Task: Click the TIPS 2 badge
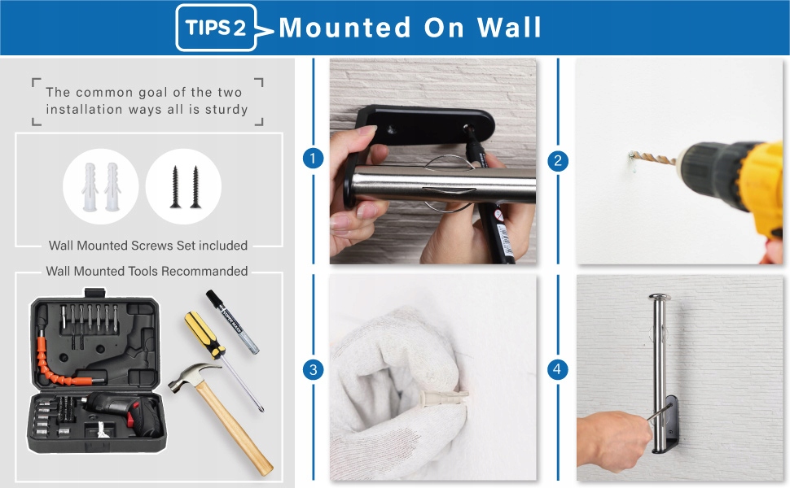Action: tap(216, 28)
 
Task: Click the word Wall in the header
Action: tap(509, 27)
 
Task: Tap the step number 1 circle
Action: tap(313, 159)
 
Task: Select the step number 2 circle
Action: tap(558, 161)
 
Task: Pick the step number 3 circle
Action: tap(313, 370)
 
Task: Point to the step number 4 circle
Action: tap(558, 370)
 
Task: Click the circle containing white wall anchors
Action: tap(101, 186)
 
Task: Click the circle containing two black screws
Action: tap(183, 186)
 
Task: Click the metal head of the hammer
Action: tap(192, 377)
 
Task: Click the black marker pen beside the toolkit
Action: tap(232, 322)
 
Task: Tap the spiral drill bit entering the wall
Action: tap(653, 158)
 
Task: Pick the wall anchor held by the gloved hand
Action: tap(443, 397)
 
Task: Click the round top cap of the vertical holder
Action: tap(660, 298)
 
